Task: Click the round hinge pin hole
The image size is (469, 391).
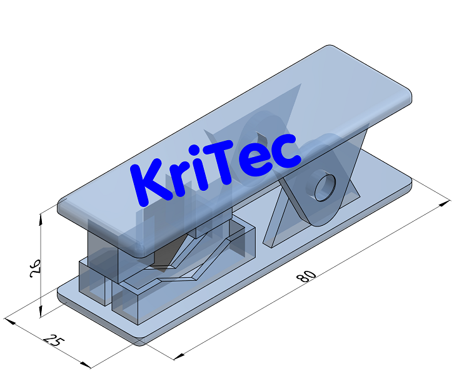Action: pos(325,187)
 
